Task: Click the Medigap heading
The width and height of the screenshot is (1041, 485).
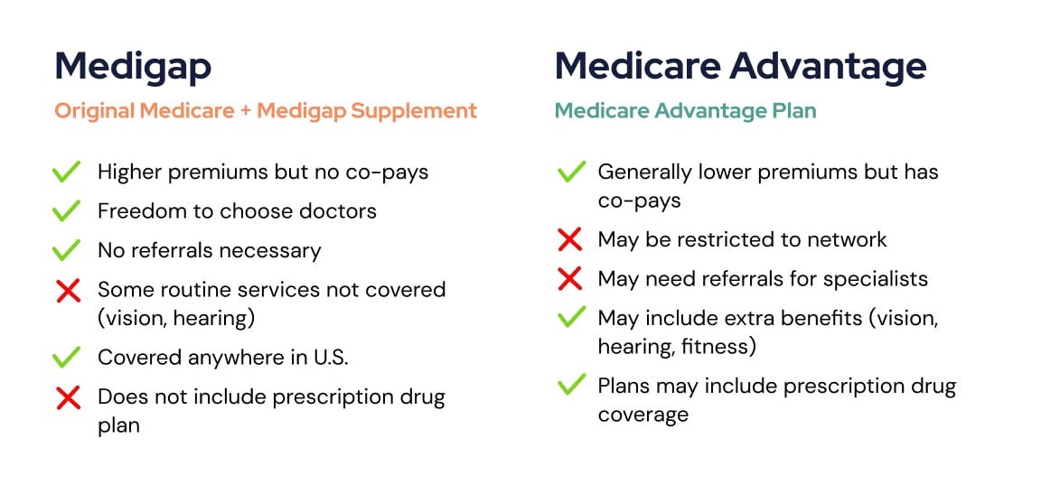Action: tap(133, 66)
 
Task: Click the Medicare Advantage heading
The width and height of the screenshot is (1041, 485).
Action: tap(740, 66)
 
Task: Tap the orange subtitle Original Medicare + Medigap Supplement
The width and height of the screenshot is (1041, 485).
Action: tap(266, 111)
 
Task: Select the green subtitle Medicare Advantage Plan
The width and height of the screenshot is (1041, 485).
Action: tap(685, 111)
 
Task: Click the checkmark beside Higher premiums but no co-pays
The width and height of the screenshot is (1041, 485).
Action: tap(67, 172)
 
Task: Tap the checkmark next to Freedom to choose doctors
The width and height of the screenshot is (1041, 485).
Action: tap(67, 211)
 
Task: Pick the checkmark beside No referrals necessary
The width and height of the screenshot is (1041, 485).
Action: tap(67, 250)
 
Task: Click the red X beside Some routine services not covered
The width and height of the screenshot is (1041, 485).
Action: tap(67, 291)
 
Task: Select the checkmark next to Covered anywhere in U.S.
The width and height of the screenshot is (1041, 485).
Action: tap(67, 357)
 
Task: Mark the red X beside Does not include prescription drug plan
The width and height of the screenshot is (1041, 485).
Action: tap(67, 397)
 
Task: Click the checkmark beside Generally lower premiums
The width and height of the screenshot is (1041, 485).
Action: tap(570, 172)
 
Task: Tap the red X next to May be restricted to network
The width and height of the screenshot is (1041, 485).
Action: tap(570, 239)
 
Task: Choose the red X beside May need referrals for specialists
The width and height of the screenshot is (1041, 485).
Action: tap(570, 278)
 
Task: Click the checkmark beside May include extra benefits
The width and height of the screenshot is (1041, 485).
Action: tap(570, 319)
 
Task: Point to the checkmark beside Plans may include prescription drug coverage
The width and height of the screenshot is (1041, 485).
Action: tap(570, 387)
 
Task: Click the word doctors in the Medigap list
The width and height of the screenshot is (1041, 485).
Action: tap(342, 211)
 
